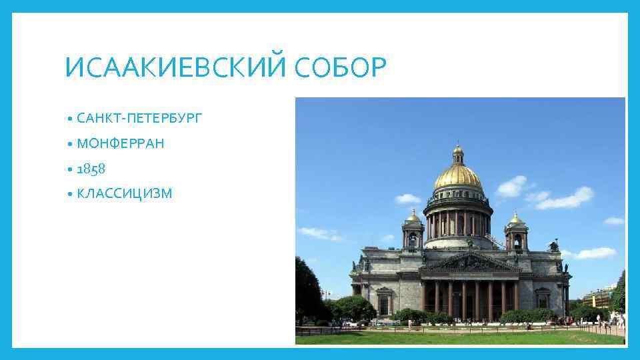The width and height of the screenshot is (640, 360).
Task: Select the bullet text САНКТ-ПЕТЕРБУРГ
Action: click(x=139, y=119)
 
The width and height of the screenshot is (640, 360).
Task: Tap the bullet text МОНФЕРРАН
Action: click(x=121, y=143)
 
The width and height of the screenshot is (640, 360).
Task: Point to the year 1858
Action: click(x=91, y=169)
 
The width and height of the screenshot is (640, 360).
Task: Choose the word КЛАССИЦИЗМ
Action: click(x=125, y=193)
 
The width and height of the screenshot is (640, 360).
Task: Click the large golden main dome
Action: click(x=458, y=177)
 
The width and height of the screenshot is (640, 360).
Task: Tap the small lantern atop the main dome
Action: click(x=458, y=153)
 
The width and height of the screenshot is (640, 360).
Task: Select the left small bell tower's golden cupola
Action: click(x=413, y=217)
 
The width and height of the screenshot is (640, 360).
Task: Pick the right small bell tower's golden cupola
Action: click(x=515, y=219)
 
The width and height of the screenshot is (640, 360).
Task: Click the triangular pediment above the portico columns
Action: click(x=471, y=261)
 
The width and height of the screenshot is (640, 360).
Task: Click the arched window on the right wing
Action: click(x=543, y=300)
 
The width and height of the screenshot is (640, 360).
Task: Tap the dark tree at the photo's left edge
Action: click(x=309, y=293)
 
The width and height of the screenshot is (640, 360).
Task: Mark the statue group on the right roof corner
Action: click(x=553, y=246)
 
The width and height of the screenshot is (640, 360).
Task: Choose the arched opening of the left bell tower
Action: click(x=413, y=239)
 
